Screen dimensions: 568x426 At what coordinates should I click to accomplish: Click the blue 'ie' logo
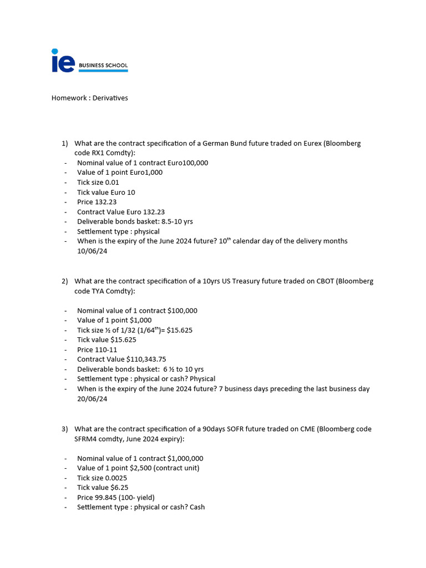[63, 60]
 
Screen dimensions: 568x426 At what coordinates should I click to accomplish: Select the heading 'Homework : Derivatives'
[89, 98]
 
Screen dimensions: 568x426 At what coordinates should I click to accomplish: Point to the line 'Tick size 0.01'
[98, 182]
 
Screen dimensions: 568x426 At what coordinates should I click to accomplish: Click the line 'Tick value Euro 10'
[106, 192]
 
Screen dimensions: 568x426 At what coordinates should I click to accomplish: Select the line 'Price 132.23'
[97, 202]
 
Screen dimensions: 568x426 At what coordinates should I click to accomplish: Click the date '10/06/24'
[92, 251]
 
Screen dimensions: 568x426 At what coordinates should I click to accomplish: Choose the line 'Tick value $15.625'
[106, 339]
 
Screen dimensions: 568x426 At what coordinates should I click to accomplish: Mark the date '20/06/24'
[92, 399]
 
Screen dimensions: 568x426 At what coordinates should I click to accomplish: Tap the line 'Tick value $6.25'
[103, 488]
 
